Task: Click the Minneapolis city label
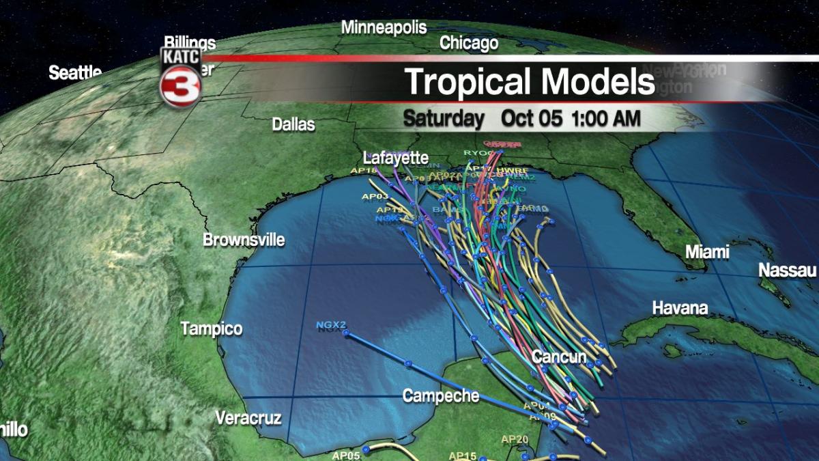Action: click(384, 28)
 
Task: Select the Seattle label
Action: click(75, 73)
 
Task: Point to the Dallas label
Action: click(293, 124)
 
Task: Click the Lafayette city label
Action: click(395, 157)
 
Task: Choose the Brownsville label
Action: click(244, 240)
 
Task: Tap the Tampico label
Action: click(212, 329)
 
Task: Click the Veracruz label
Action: click(248, 418)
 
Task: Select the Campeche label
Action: click(440, 395)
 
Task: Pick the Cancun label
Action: click(559, 357)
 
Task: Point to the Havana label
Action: click(680, 308)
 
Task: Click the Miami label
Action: click(707, 251)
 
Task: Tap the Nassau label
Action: click(787, 270)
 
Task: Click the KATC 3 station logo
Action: click(180, 77)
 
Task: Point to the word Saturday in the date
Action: click(443, 117)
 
